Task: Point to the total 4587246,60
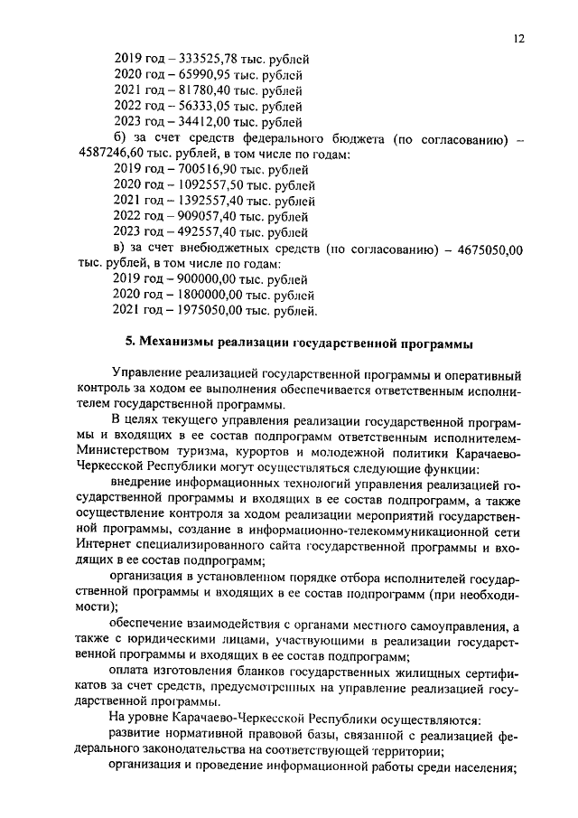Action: pyautogui.click(x=109, y=154)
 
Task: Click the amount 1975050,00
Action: pyautogui.click(x=206, y=312)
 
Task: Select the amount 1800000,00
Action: pyautogui.click(x=206, y=296)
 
